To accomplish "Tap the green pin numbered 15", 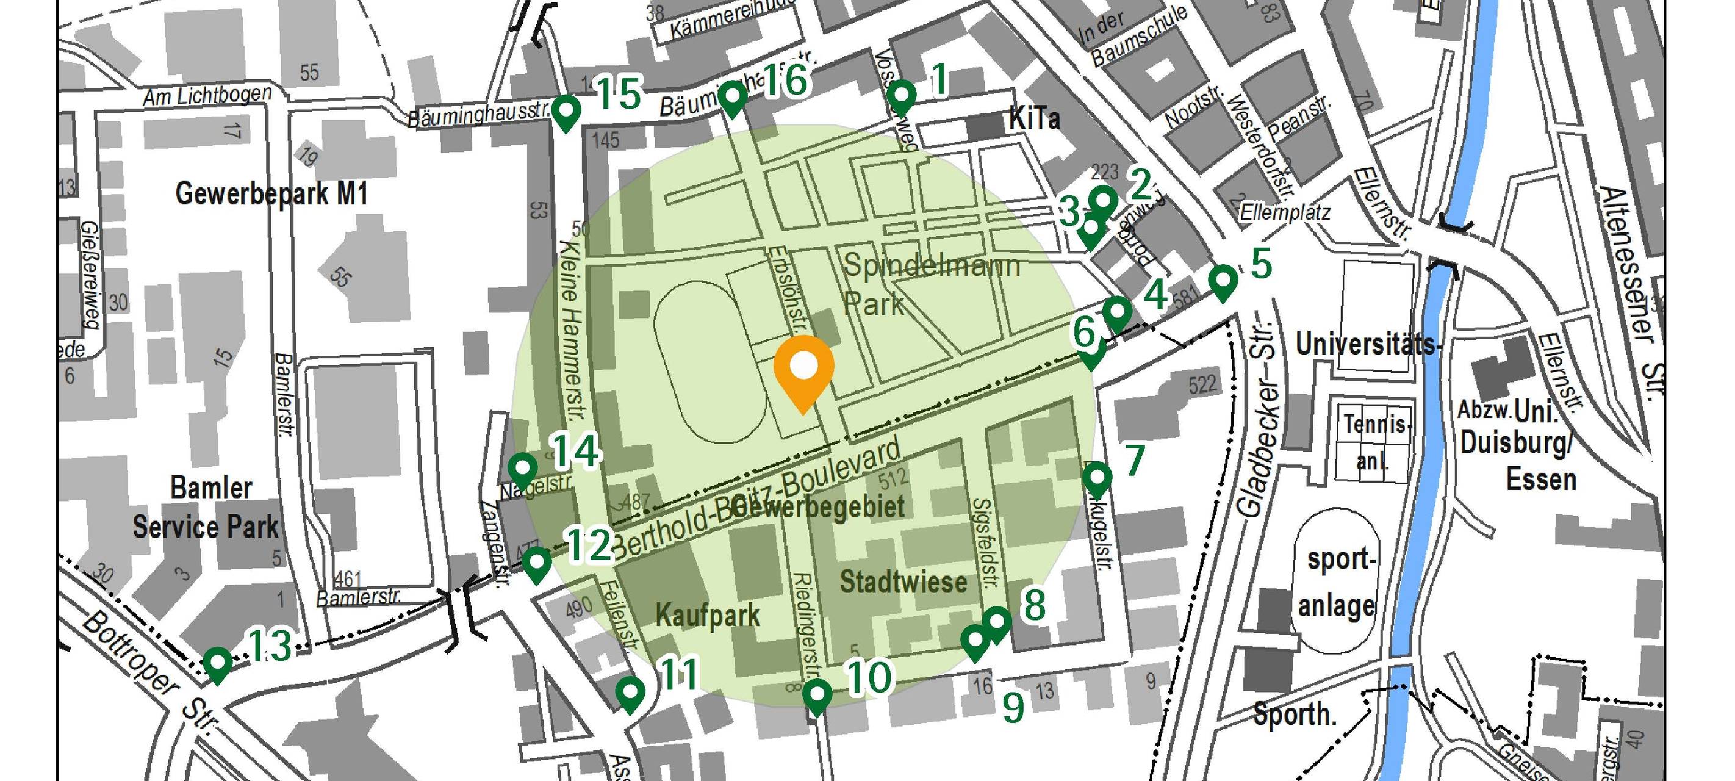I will (566, 111).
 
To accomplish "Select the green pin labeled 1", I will (901, 96).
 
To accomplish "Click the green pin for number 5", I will (1223, 281).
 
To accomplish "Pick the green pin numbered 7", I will (1097, 479).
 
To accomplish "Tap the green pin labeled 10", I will (817, 695).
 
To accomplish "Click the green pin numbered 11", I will (630, 693).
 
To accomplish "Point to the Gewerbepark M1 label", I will (271, 194).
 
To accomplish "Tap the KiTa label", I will (1034, 119).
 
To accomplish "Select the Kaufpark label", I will (707, 615).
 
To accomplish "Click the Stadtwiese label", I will (903, 581).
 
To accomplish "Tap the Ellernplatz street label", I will (1285, 213).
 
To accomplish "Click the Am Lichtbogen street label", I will (207, 96).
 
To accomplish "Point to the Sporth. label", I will (1294, 714).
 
